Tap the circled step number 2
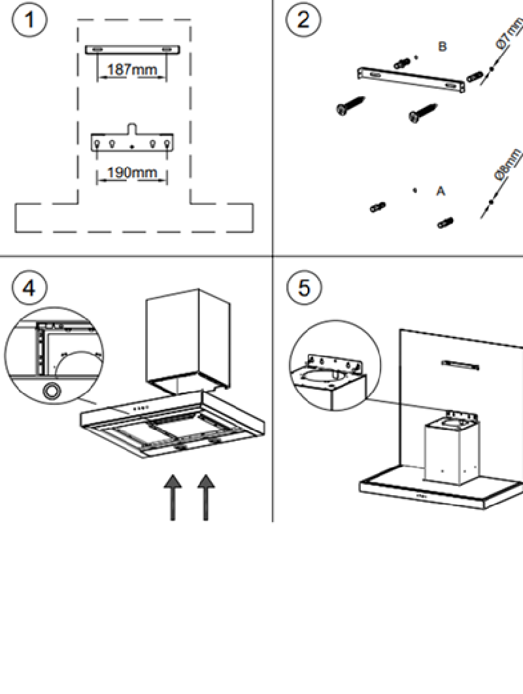(x=303, y=20)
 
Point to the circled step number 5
(x=304, y=288)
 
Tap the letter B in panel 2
(x=443, y=47)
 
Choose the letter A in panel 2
(x=441, y=191)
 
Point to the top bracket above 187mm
(x=132, y=50)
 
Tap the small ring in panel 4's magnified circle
(x=50, y=391)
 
